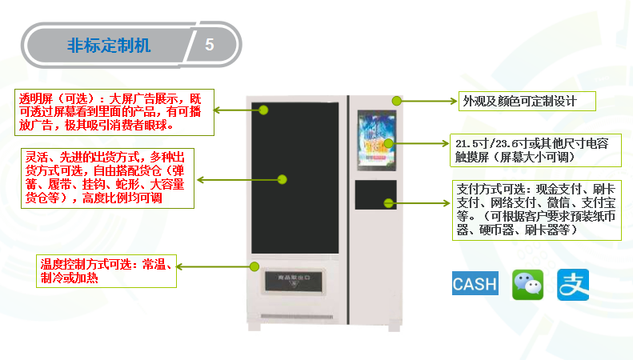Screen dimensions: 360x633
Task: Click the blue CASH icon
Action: [x=475, y=284]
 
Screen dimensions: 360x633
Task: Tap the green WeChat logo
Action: [x=527, y=284]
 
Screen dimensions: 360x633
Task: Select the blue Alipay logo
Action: [x=573, y=284]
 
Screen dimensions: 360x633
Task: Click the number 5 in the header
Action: [x=210, y=45]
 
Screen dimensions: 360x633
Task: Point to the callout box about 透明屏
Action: [x=115, y=111]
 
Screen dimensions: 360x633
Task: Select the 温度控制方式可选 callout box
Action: [x=106, y=270]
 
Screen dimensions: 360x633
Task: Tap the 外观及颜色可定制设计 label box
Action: [x=517, y=101]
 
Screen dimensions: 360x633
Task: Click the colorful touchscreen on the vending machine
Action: [x=375, y=144]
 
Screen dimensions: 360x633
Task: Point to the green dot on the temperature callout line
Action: [x=254, y=266]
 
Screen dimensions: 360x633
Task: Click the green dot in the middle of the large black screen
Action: [x=282, y=179]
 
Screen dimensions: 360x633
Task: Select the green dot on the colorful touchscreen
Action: [x=389, y=144]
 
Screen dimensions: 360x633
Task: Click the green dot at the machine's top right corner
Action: [x=395, y=101]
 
